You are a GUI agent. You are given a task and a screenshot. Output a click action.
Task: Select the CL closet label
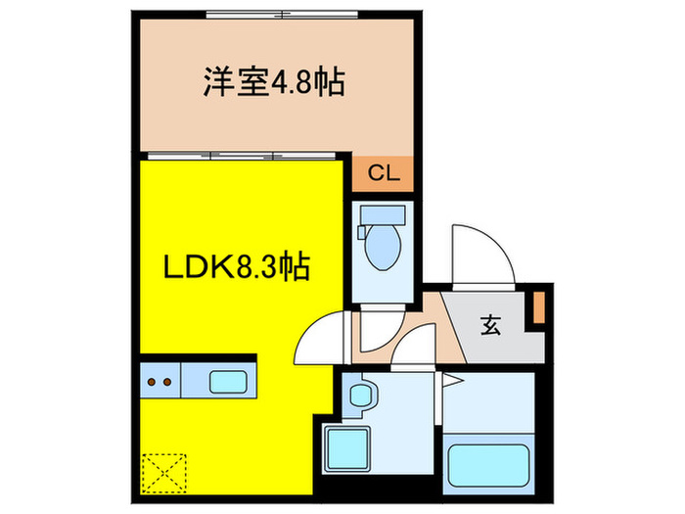click(x=383, y=173)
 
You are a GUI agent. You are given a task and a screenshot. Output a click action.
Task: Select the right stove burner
click(x=169, y=380)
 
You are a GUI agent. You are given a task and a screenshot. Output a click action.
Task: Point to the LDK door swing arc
click(x=321, y=338)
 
